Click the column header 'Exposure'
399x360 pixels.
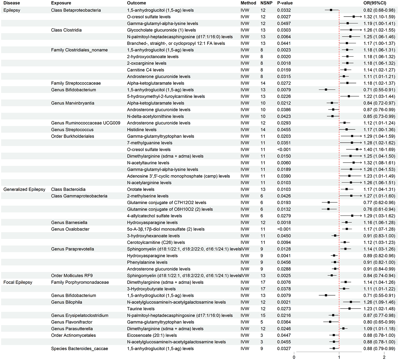[61, 3]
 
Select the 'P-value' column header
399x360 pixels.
[285, 3]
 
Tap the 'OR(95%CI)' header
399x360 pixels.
[375, 3]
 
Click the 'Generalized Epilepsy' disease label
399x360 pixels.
[24, 189]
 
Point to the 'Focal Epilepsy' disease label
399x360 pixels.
[18, 282]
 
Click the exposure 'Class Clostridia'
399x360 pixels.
[66, 30]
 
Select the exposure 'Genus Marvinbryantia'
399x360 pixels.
[73, 103]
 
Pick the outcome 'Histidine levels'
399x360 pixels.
[142, 130]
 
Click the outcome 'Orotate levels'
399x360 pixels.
[141, 189]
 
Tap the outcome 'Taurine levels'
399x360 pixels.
[141, 309]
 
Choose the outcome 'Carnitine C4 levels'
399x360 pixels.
[145, 70]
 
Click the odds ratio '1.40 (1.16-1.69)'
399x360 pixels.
[379, 150]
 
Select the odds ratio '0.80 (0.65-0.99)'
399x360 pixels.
[379, 322]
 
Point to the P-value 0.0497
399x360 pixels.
[284, 23]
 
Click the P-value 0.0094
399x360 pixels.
[284, 242]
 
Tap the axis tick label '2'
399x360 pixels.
[384, 357]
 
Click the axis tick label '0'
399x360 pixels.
[294, 357]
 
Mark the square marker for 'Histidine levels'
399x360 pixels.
[347, 130]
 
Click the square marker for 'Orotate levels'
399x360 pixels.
[347, 189]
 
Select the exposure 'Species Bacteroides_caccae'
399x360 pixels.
[79, 349]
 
